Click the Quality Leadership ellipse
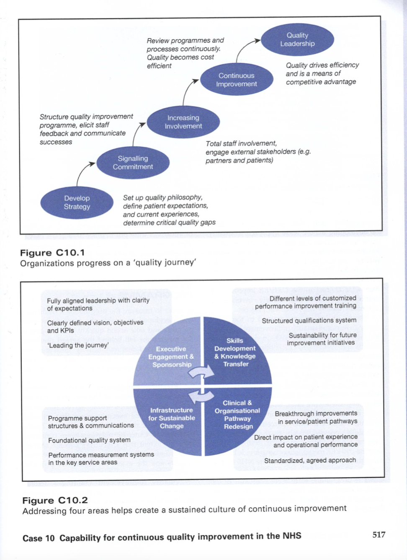coord(297,39)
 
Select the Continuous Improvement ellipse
coord(237,80)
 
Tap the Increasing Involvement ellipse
coord(183,122)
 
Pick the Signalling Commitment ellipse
coord(133,163)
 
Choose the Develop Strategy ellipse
coord(77,202)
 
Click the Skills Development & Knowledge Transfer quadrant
coord(235,352)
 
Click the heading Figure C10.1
coord(52,253)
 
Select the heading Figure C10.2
coord(55,500)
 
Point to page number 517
coord(379,535)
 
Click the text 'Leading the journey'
coord(78,345)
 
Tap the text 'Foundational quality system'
coord(89,440)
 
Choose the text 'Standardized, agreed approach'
coord(310,460)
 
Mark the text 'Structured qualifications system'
coord(309,321)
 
